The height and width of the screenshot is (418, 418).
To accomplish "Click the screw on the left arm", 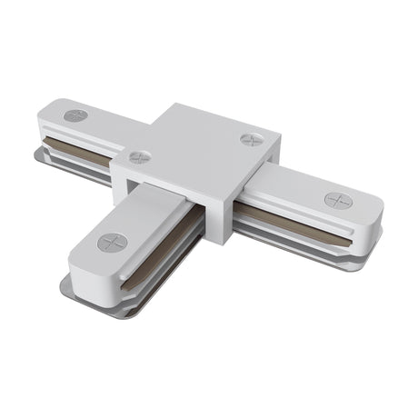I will [76, 115].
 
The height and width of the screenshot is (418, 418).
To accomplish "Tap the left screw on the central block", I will [139, 157].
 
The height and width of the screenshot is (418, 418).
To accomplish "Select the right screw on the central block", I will [252, 139].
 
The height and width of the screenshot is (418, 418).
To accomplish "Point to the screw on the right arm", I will [338, 200].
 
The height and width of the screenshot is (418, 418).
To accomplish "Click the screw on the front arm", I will [113, 242].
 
